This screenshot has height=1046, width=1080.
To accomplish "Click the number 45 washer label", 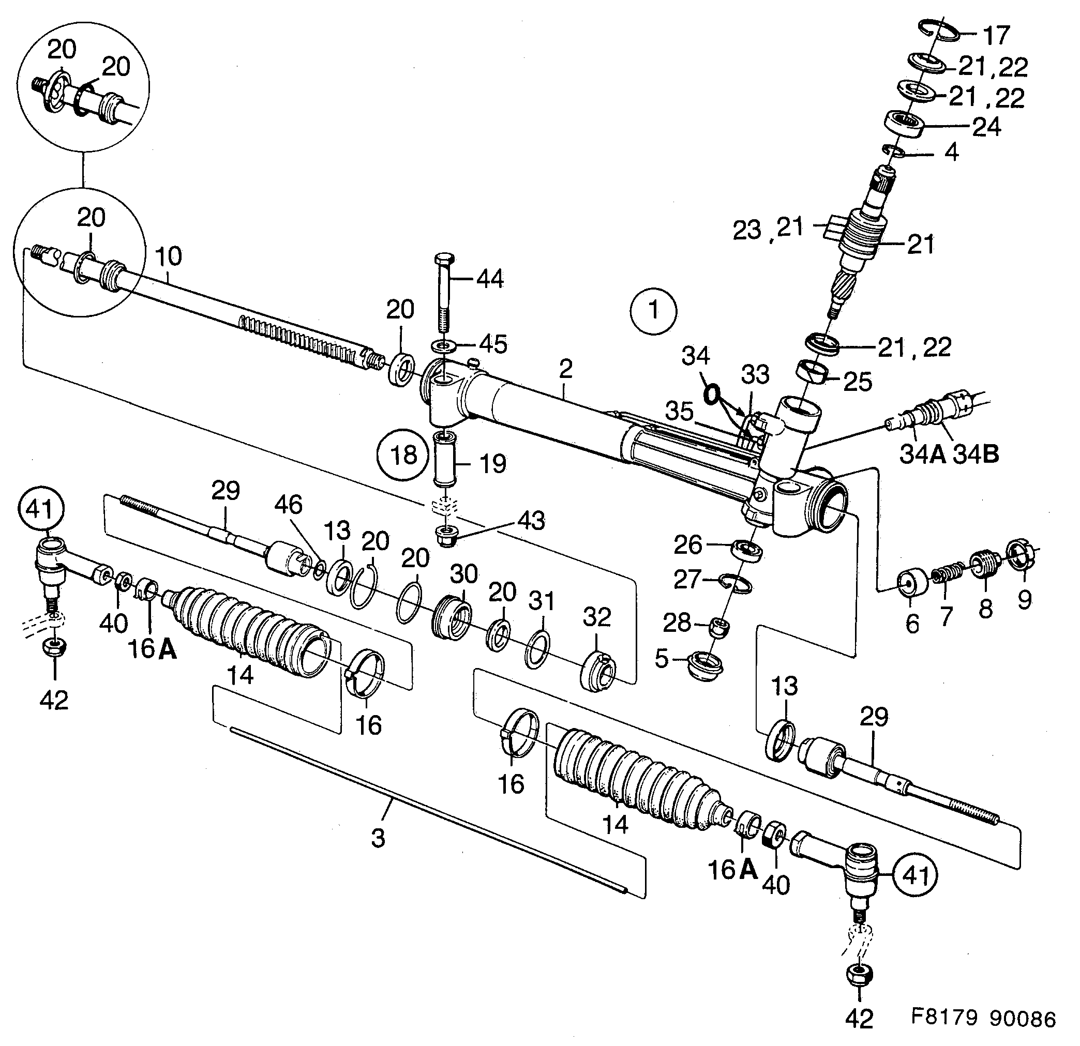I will [492, 344].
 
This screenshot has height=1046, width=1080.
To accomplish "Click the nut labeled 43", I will [445, 536].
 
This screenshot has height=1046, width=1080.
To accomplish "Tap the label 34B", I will [976, 454].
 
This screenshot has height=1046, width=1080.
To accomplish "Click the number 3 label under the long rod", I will [378, 838].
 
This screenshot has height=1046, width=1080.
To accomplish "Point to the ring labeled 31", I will [538, 650].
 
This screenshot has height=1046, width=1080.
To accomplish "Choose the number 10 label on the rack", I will [168, 256].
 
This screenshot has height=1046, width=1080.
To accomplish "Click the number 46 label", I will [289, 505].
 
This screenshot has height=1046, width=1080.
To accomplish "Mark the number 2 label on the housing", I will [565, 369].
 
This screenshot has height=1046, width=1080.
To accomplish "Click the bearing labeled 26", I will [746, 551].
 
